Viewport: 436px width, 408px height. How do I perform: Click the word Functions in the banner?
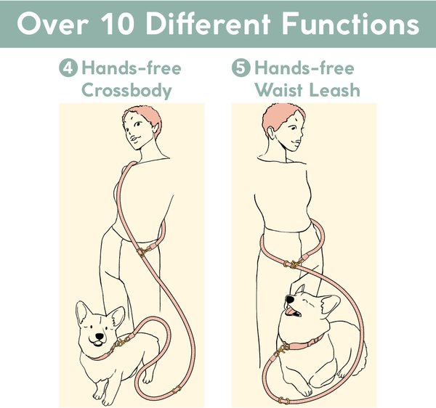[x=351, y=24]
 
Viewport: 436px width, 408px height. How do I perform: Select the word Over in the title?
[x=52, y=24]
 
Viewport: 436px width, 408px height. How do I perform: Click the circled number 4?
[x=68, y=68]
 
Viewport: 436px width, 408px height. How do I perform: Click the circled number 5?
[x=241, y=68]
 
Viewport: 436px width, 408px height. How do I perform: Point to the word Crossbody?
[x=126, y=91]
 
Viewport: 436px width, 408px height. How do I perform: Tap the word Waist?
[x=279, y=90]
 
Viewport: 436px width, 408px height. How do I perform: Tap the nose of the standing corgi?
[x=100, y=337]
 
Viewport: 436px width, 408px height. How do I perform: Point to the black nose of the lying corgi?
[x=290, y=299]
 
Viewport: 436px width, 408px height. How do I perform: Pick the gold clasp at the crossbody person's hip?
[x=142, y=252]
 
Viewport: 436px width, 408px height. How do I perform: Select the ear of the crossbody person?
[x=156, y=129]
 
